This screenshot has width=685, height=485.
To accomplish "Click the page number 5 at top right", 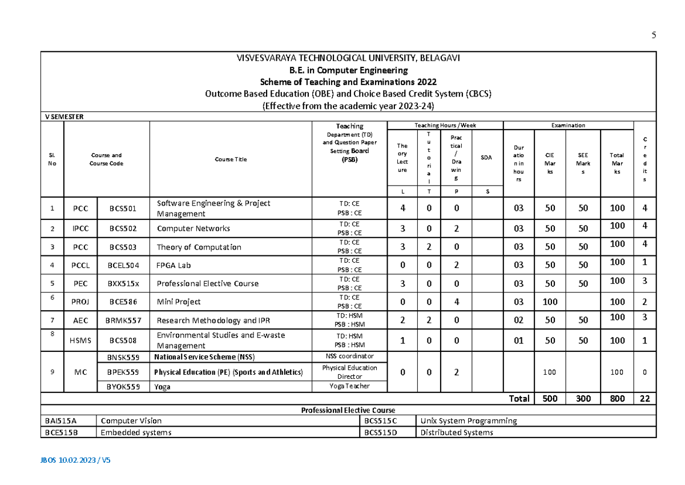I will point(654,35).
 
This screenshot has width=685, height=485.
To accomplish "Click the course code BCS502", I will point(123,228).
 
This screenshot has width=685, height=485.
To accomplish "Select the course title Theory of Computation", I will point(199,247).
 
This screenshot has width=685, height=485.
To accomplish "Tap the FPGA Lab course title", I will point(174,265).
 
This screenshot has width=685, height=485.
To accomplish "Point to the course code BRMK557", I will point(124,320).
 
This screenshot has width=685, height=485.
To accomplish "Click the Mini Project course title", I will point(179,302).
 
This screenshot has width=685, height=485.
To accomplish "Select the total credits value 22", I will point(644,399).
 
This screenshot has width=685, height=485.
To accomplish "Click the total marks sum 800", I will point(617,399).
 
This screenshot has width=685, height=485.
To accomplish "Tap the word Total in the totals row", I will point(519,399).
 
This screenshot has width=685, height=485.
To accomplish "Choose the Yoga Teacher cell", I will point(349,386).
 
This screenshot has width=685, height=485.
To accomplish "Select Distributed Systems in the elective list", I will point(456,432).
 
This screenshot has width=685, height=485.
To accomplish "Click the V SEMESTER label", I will point(64,117).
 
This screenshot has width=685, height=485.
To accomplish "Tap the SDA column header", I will point(486,158).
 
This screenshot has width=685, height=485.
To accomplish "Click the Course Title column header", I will point(231,159).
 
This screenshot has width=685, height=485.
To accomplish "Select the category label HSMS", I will point(80,340).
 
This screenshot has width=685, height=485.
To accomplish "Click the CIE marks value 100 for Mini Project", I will point(550,302).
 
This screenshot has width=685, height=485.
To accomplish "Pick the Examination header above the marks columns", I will point(567,125).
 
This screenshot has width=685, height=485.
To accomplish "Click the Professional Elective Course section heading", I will point(348,410).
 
